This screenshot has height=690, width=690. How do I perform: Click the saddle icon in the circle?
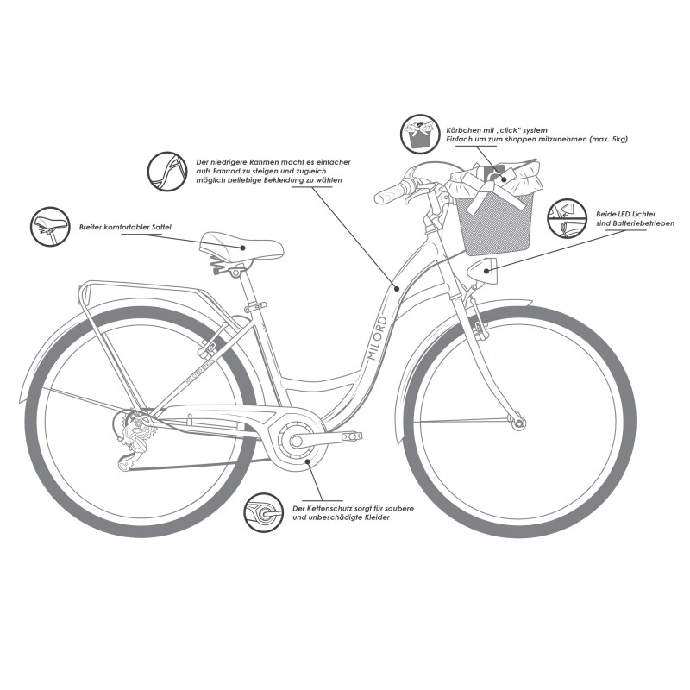point(48,227)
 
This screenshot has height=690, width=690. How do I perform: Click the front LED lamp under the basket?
point(485,272)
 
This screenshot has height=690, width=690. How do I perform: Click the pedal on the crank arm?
point(351,437)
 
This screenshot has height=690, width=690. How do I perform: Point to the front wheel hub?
point(518,422)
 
